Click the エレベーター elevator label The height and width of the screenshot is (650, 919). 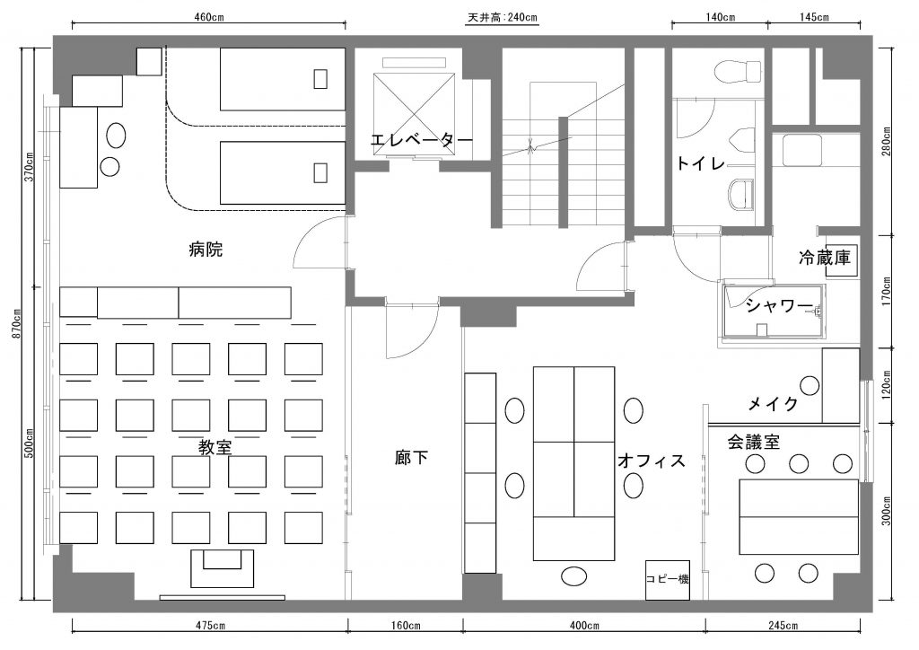click(422, 141)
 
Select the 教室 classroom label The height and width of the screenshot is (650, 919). click(215, 448)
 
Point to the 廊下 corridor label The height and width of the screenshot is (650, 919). click(411, 457)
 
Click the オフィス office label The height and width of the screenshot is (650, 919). click(652, 461)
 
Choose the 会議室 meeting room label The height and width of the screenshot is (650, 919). click(754, 442)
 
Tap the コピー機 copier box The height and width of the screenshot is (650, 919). click(668, 580)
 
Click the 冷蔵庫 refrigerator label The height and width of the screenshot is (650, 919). click(824, 258)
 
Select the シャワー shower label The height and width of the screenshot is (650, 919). click(780, 305)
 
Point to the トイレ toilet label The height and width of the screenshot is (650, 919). click(701, 162)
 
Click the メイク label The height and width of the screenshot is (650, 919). click(774, 403)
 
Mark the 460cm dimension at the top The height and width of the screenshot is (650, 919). click(209, 17)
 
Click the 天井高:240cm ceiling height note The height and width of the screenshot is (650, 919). click(503, 17)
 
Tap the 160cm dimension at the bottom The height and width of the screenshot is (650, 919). click(405, 626)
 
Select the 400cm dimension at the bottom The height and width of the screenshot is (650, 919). click(583, 626)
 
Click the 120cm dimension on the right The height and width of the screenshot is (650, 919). click(885, 384)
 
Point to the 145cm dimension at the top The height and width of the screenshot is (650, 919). click(814, 17)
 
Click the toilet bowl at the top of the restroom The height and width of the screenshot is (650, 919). click(739, 70)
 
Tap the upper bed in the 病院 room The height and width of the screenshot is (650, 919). click(283, 79)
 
